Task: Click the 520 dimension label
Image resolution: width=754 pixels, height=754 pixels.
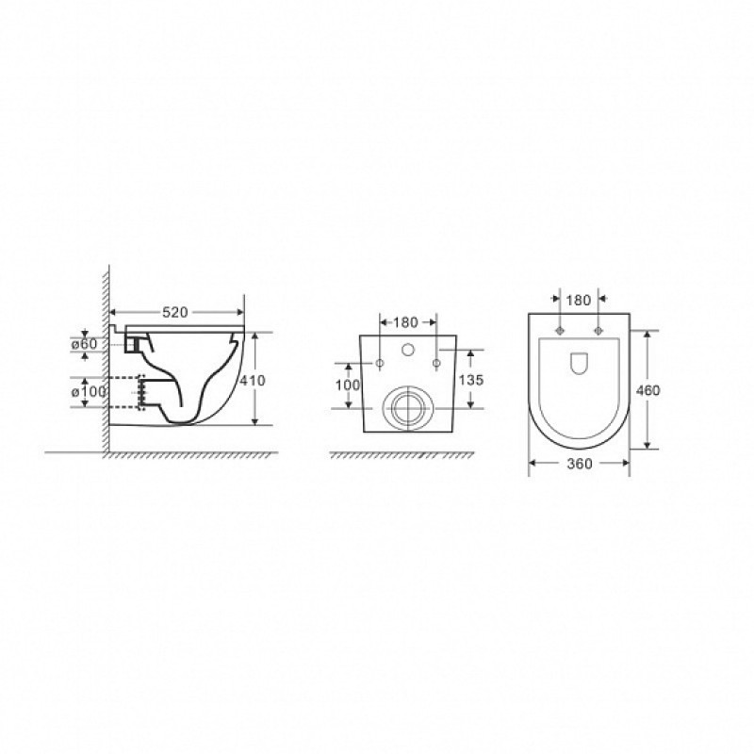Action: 174,313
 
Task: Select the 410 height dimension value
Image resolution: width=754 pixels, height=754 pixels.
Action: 253,381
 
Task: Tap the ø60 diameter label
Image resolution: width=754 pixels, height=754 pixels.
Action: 84,344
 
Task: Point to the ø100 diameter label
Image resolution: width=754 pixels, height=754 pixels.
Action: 89,392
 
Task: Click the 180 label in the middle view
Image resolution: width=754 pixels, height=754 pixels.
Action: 406,322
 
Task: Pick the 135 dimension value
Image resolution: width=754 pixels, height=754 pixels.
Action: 471,381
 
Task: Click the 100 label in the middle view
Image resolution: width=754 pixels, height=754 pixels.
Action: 348,385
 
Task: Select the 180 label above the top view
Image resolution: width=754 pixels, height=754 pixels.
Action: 579,301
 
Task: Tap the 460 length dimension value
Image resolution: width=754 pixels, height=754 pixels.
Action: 647,391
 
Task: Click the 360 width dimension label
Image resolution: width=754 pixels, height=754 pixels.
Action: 580,464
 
